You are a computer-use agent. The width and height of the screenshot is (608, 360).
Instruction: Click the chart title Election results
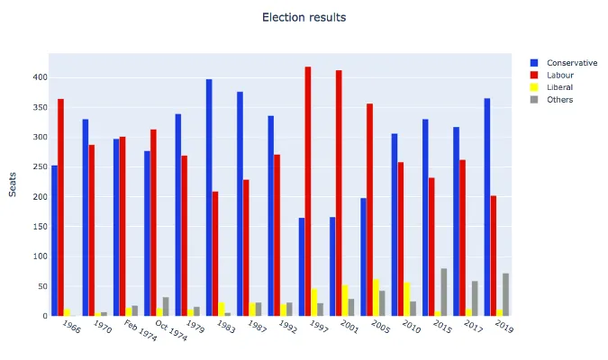click(x=304, y=18)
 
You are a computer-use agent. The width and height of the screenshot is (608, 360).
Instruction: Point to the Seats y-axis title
click(x=13, y=184)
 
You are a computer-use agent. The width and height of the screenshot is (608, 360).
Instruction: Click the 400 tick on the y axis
click(x=38, y=77)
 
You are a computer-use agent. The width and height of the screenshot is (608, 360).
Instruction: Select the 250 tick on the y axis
click(x=38, y=166)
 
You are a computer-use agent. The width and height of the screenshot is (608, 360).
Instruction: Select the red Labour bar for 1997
click(x=308, y=191)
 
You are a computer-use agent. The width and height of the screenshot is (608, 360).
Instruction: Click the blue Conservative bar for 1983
click(x=209, y=197)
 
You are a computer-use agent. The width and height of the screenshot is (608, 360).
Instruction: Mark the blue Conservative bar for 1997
click(x=302, y=266)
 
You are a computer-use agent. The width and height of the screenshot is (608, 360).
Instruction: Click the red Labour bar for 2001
click(x=339, y=193)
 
